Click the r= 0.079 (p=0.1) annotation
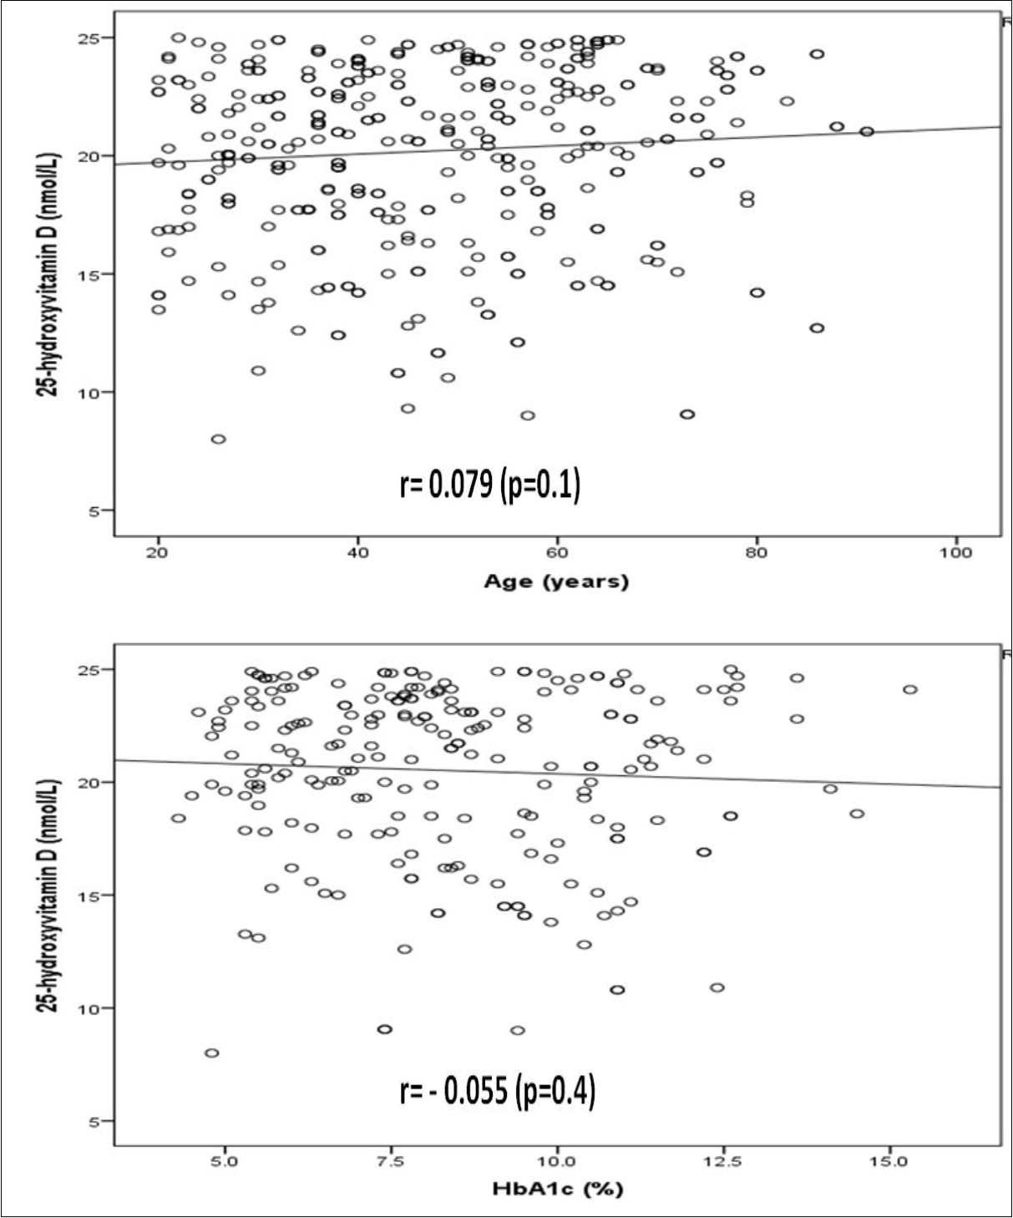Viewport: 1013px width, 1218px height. (x=490, y=485)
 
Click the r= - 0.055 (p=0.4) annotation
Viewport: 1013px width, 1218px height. (x=498, y=1091)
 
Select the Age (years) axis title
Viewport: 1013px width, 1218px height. (x=556, y=581)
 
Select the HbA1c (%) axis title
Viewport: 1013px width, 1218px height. (x=557, y=1190)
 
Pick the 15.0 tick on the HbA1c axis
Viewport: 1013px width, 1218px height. (x=889, y=1161)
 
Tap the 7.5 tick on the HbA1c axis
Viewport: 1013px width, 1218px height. (x=391, y=1161)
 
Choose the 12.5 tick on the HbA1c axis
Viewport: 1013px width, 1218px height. (x=723, y=1161)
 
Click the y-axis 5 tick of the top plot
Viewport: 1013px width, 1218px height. (x=95, y=510)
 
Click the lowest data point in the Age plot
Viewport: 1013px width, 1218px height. (x=218, y=439)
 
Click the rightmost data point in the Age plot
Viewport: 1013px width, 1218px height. (x=867, y=131)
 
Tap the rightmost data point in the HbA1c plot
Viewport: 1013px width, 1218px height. (x=910, y=689)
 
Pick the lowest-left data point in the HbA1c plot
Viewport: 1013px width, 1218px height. (x=212, y=1053)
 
